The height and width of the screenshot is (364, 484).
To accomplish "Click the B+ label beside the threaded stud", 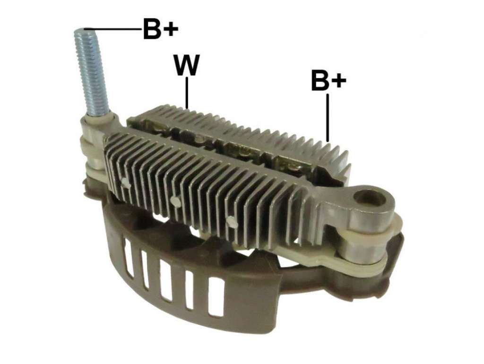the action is click(x=161, y=29).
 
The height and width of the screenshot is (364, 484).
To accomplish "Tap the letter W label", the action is click(x=187, y=65).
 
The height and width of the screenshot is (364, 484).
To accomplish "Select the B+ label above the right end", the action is click(x=328, y=80).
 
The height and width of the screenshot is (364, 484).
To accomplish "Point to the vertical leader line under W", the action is click(x=187, y=93).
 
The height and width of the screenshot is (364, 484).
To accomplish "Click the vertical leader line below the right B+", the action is click(x=328, y=117).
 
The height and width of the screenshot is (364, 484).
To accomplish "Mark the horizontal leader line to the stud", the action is click(x=113, y=29).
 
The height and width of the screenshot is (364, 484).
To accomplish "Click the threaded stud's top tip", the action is click(x=83, y=30).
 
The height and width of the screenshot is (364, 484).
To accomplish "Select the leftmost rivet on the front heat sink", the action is click(x=126, y=183).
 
